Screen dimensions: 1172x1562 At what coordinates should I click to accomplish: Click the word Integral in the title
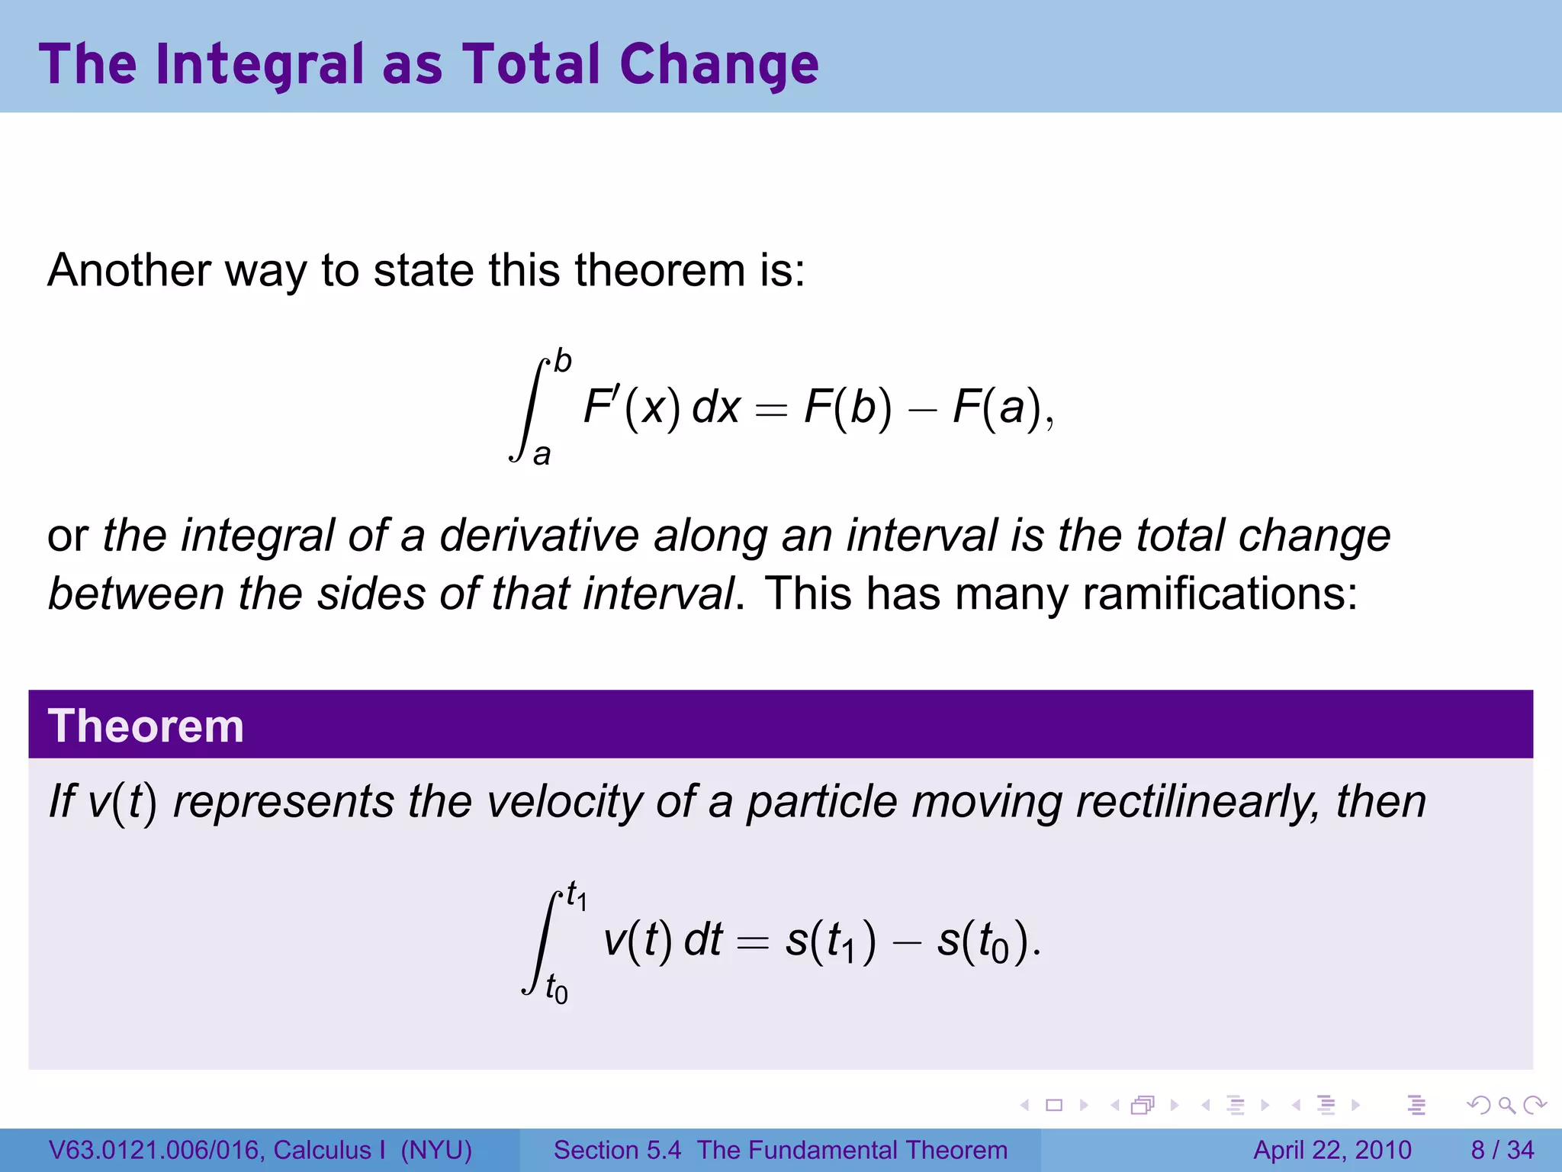[x=259, y=64]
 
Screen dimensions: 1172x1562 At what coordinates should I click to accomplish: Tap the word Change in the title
[x=718, y=64]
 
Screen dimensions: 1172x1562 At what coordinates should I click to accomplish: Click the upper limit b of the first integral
[x=563, y=361]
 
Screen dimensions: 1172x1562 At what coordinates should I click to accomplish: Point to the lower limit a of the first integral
[x=542, y=455]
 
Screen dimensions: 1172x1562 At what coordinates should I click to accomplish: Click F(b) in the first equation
[x=847, y=407]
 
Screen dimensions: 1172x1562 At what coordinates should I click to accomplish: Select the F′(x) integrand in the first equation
[x=632, y=407]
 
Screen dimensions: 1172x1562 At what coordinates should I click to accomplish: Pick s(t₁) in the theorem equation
[x=831, y=941]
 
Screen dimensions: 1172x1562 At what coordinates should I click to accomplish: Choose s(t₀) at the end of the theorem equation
[x=984, y=941]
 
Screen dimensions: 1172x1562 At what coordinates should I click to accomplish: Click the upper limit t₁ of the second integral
[x=576, y=895]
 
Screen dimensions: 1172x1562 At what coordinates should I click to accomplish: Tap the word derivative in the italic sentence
[x=538, y=535]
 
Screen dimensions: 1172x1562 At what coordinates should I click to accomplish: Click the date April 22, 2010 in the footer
[x=1332, y=1150]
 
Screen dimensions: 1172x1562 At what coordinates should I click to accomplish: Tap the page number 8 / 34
[x=1502, y=1150]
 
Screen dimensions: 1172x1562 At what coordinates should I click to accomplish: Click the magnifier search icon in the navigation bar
[x=1506, y=1105]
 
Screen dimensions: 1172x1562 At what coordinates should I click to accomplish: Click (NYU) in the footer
[x=436, y=1150]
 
